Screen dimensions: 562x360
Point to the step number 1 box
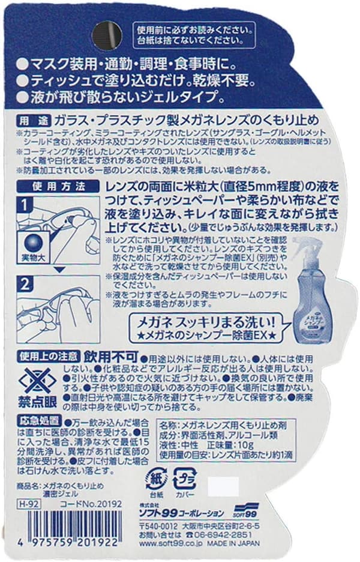tap(25, 205)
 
